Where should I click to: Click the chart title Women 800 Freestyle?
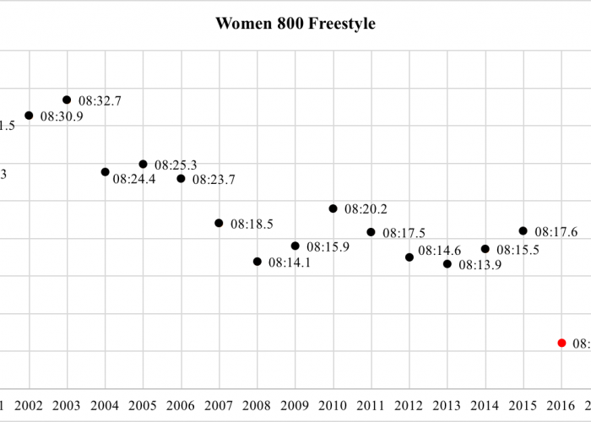coord(295,24)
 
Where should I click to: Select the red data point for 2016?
coord(561,343)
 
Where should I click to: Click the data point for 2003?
coord(67,100)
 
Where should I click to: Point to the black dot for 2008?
coord(258,262)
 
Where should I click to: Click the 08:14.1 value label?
coord(290,263)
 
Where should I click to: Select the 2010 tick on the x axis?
coord(333,405)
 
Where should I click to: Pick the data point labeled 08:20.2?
coord(333,208)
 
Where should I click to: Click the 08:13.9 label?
coord(480,265)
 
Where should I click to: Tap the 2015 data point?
coord(523,230)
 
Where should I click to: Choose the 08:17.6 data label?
coord(556,232)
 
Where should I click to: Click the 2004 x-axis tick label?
coord(105,405)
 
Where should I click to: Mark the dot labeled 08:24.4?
coord(105,171)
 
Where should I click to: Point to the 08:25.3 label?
coord(176,165)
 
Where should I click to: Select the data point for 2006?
coord(181,178)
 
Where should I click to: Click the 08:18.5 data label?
coord(252,225)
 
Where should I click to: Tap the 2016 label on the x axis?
coord(561,405)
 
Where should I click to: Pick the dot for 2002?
coord(29,116)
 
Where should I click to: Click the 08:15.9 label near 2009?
coord(328,247)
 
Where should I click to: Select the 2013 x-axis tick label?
coord(447,405)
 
